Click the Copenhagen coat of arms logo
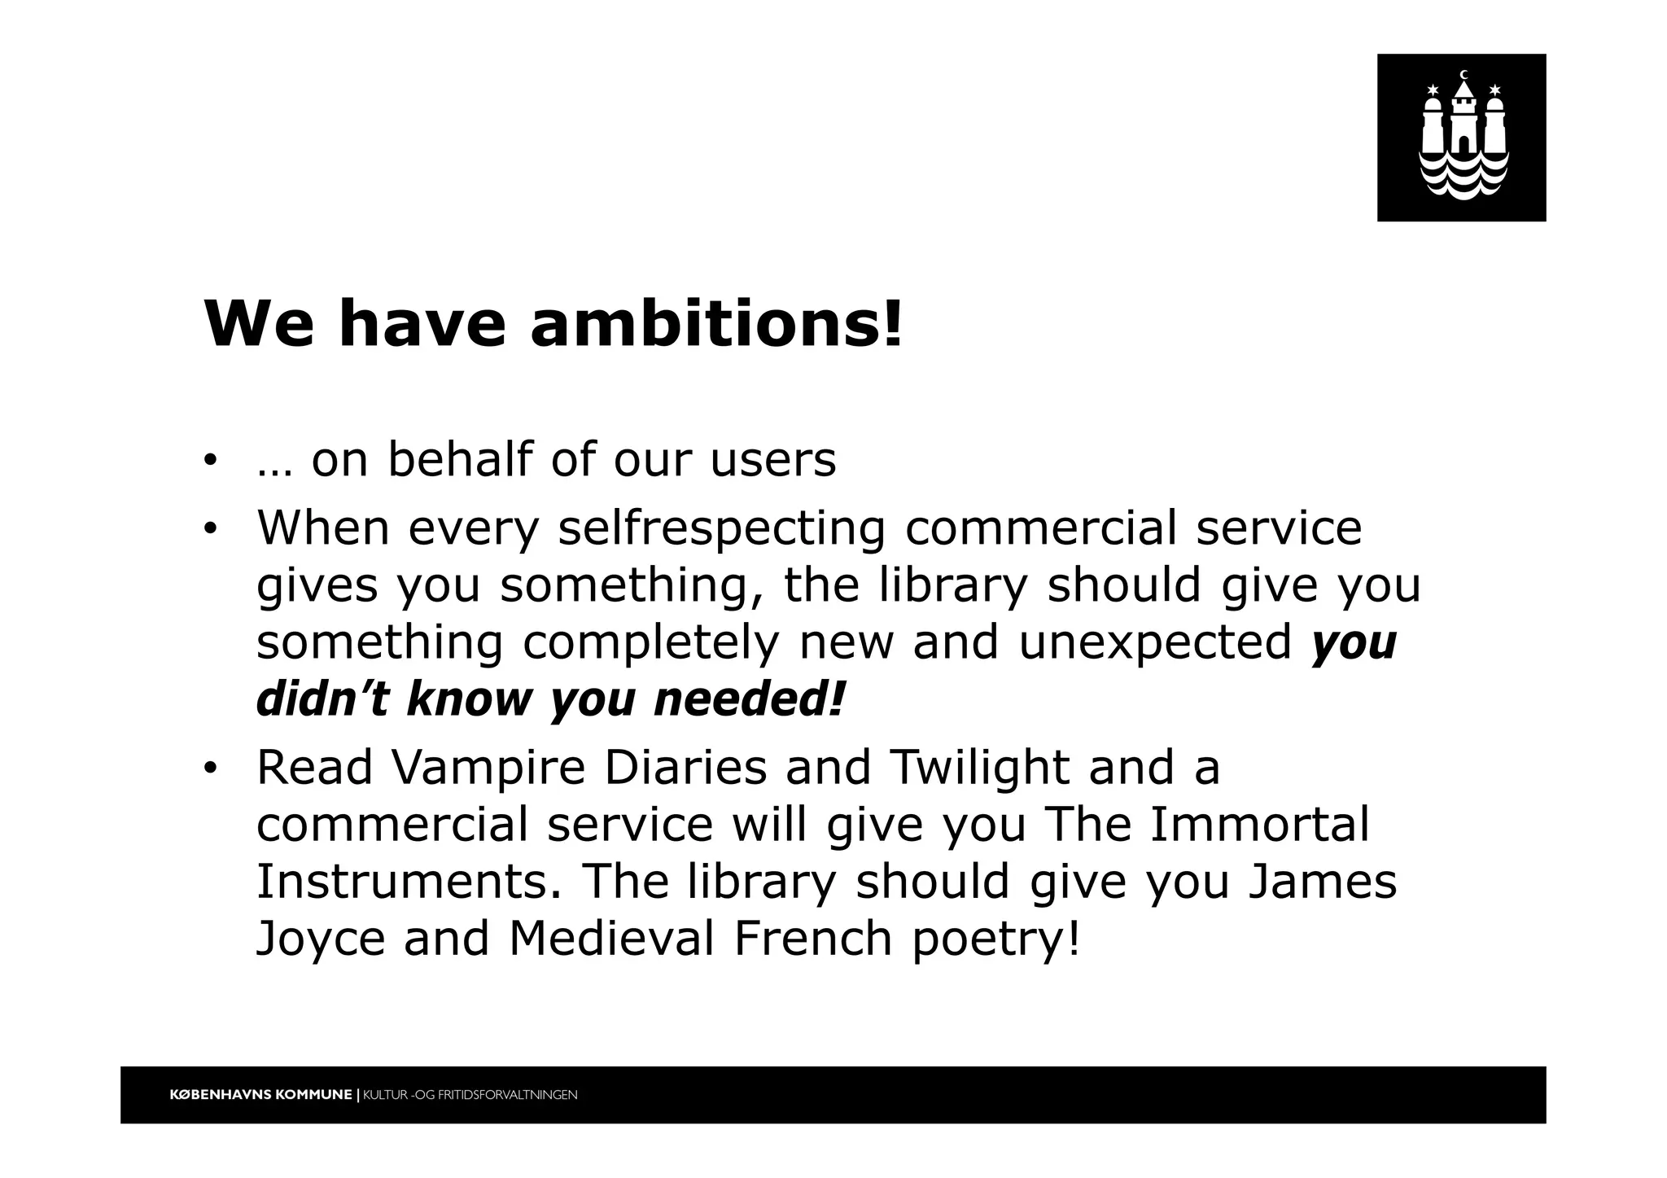pyautogui.click(x=1461, y=138)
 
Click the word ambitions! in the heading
pyautogui.click(x=716, y=324)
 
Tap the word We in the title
pyautogui.click(x=258, y=324)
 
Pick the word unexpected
pyautogui.click(x=1155, y=642)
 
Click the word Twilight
pyautogui.click(x=979, y=768)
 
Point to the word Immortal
pyautogui.click(x=1260, y=825)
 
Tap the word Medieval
pyautogui.click(x=611, y=939)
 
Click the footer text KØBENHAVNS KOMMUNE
pyautogui.click(x=260, y=1095)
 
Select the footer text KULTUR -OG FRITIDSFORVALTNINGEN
pyautogui.click(x=470, y=1095)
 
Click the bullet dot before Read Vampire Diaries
pyautogui.click(x=211, y=769)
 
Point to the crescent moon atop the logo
pyautogui.click(x=1464, y=76)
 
